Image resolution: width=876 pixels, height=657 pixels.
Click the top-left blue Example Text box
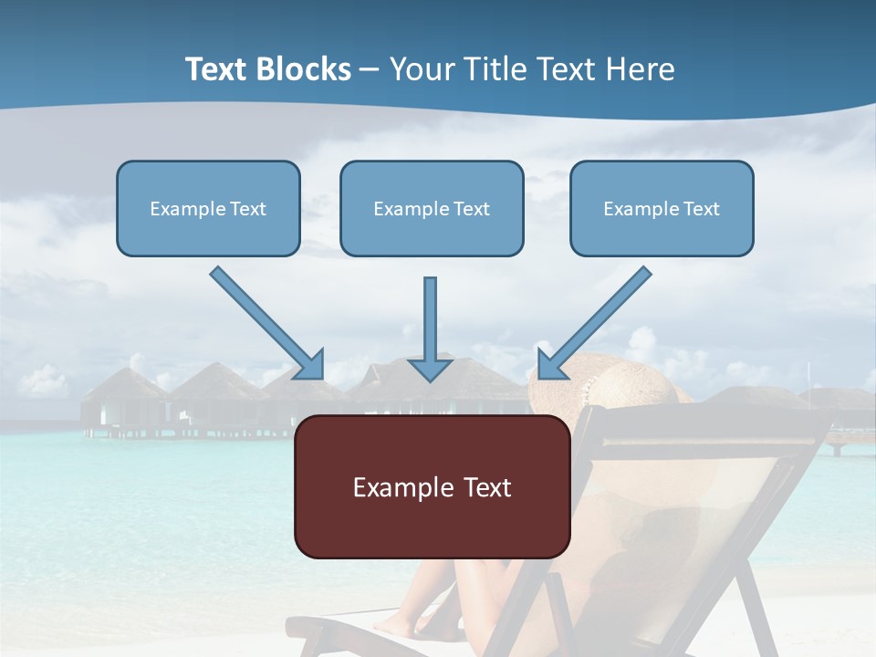point(208,208)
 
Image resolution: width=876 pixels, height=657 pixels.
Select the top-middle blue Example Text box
point(432,208)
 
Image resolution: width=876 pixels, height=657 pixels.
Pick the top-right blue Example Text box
point(662,208)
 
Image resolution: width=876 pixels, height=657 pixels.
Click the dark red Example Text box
point(432,486)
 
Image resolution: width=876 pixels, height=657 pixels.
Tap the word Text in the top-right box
point(702,208)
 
